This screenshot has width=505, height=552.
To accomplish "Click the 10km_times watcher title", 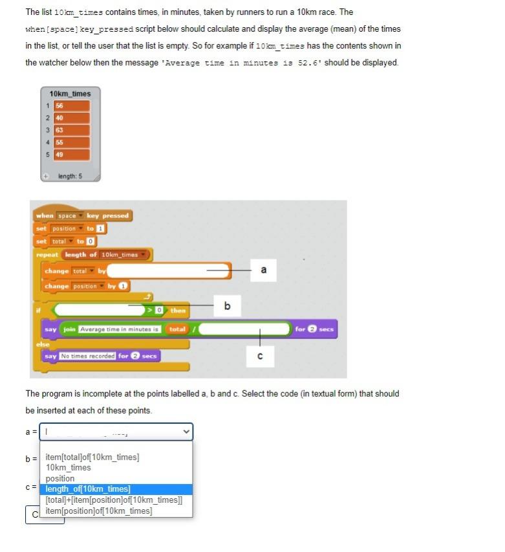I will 70,94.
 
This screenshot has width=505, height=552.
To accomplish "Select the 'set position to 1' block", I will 71,228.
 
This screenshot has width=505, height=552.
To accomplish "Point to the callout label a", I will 263,270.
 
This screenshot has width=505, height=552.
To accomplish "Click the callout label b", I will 227,305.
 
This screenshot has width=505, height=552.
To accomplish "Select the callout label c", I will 260,356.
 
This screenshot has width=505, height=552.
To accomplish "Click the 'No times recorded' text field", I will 87,356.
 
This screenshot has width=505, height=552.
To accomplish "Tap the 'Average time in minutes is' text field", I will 120,329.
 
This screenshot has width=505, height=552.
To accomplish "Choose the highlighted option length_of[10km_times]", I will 88,489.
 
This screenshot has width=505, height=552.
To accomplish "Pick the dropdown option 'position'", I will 60,478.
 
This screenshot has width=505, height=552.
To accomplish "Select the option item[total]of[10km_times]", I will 92,457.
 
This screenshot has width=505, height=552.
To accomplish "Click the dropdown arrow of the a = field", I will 186,432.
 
